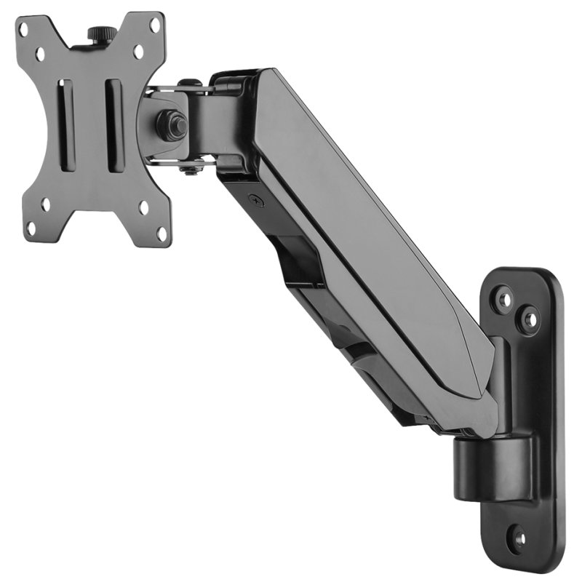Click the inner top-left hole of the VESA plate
tap(41, 54)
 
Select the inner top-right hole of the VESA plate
tap(138, 51)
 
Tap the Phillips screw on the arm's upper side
tap(253, 199)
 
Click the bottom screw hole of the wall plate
tap(519, 539)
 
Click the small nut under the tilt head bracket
tap(189, 170)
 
